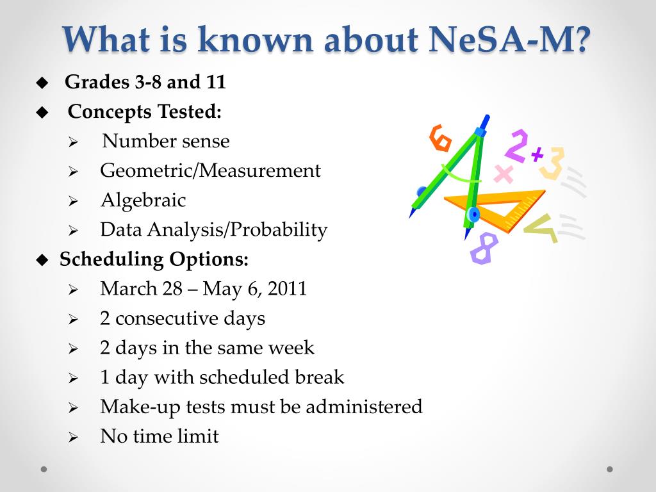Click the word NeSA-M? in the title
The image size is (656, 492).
[x=509, y=40]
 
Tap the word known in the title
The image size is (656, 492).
[x=255, y=40]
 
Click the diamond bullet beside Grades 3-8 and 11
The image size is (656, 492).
[x=42, y=83]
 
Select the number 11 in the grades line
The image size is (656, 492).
[x=216, y=81]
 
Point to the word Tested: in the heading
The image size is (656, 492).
[x=190, y=111]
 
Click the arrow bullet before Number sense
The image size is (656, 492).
[x=73, y=142]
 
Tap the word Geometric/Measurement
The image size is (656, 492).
[x=210, y=170]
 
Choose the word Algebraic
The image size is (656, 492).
[x=143, y=201]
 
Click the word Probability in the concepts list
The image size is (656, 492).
[x=279, y=230]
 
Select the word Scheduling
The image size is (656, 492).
[x=111, y=259]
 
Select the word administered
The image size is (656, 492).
[x=364, y=407]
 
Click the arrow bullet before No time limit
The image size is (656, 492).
[x=73, y=438]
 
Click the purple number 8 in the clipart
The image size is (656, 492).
[x=484, y=249]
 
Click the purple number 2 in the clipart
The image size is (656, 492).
[x=517, y=145]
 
